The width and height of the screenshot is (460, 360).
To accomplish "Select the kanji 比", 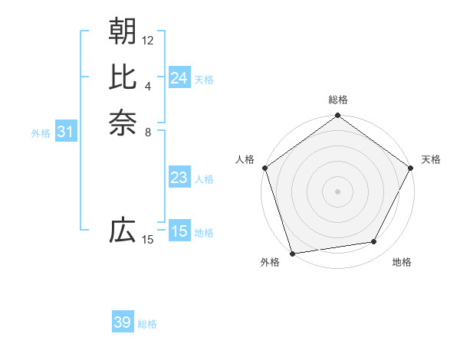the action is (x=123, y=77).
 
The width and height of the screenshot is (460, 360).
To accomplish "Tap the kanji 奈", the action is (x=123, y=123).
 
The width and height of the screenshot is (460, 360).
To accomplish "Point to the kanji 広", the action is (x=123, y=230).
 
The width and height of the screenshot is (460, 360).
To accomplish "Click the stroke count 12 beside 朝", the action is (x=148, y=40).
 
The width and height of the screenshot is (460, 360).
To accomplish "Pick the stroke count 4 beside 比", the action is (x=148, y=86).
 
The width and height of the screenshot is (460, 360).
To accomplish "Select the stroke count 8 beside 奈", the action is (x=148, y=132).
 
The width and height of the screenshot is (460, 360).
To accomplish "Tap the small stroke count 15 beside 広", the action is (x=148, y=240).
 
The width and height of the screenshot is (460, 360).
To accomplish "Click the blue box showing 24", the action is (x=179, y=78).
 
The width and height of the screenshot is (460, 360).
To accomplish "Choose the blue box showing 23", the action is (x=179, y=178).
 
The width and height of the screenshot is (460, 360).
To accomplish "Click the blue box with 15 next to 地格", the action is (x=179, y=232).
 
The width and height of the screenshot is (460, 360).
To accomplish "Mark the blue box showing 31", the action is (x=66, y=133).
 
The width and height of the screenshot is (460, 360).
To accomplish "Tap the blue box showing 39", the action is (x=123, y=323).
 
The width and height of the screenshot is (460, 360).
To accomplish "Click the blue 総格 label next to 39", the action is (x=147, y=324).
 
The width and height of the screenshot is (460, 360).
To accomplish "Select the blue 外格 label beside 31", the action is (x=41, y=133).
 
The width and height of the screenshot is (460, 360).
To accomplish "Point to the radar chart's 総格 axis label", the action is (x=337, y=100).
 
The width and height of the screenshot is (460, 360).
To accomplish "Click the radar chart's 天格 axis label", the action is (x=431, y=159).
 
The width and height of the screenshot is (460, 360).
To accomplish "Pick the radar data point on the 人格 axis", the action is (x=265, y=168).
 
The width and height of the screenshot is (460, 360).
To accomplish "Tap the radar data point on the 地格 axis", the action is (x=374, y=242).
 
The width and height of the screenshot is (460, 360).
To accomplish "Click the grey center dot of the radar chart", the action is (x=337, y=191).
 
